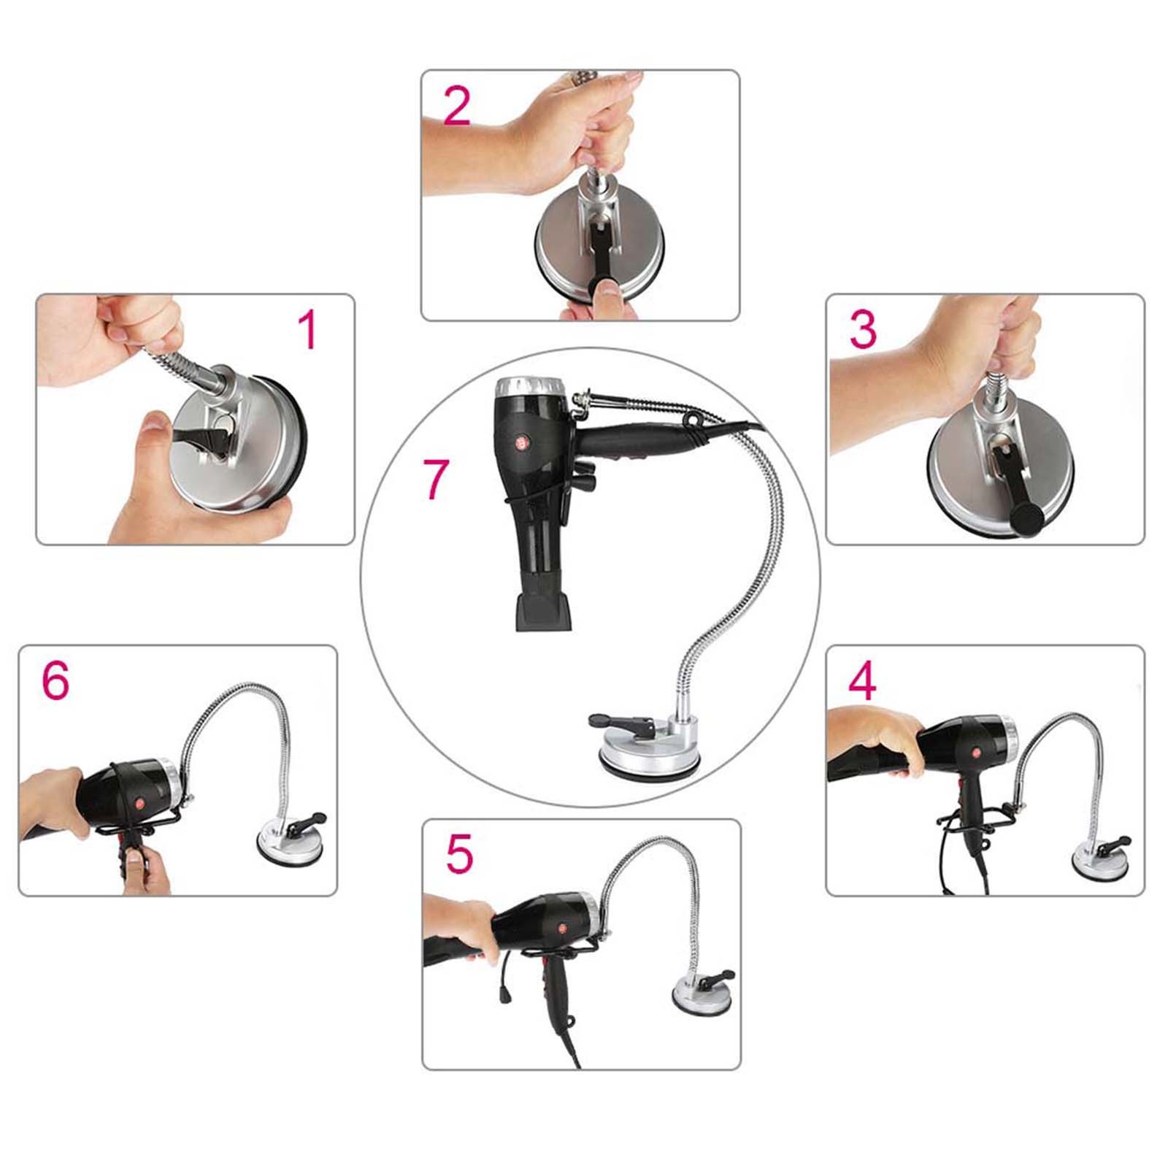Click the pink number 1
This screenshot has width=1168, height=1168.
coord(308,330)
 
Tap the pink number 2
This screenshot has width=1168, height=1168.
coord(457,107)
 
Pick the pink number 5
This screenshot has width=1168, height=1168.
coord(459,854)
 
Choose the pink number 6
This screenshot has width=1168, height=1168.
coord(55,680)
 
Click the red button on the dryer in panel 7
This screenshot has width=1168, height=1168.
coord(522,442)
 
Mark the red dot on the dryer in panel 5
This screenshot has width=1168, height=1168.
coord(561,929)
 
